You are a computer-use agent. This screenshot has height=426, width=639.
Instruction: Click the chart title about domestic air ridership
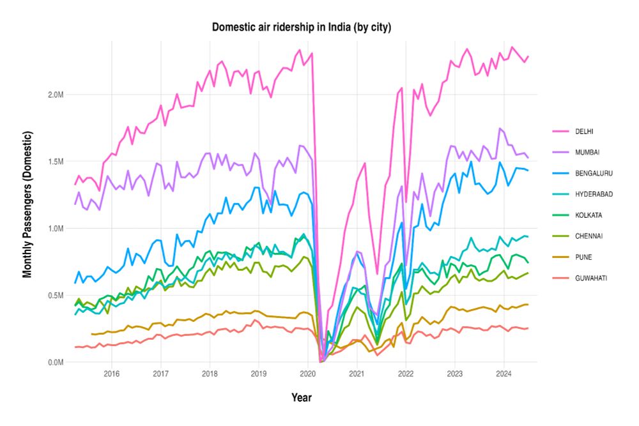pos(302,27)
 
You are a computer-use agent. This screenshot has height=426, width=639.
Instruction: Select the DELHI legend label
pos(583,132)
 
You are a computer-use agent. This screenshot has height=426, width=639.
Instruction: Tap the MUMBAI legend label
pos(587,152)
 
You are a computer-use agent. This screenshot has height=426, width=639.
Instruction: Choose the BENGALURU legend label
pos(591,173)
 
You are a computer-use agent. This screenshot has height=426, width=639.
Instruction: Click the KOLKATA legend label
pos(587,215)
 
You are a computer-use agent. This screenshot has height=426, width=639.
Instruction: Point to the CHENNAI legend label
pos(587,236)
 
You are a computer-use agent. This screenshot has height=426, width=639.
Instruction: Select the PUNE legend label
pos(582,257)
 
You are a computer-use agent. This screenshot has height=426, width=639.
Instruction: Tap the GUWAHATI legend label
pos(590,278)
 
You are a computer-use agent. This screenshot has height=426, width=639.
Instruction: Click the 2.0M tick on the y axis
pos(56,95)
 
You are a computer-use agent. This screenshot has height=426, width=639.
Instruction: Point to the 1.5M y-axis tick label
pos(56,162)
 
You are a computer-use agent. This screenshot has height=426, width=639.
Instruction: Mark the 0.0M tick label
pos(56,362)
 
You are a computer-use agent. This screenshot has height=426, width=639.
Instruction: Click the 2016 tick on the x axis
pos(112,373)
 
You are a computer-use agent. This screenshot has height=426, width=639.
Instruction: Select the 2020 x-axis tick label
pos(307,373)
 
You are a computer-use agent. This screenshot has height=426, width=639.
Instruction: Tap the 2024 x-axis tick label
pos(504,373)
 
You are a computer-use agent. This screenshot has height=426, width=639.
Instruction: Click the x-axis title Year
pos(302,397)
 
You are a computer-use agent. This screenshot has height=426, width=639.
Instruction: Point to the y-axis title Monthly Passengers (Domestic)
pos(27,204)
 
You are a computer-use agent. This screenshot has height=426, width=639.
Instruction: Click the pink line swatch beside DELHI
pos(560,132)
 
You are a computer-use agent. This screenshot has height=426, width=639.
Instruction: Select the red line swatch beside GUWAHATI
pos(560,278)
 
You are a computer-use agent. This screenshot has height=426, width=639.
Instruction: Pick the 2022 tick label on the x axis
pos(406,373)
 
